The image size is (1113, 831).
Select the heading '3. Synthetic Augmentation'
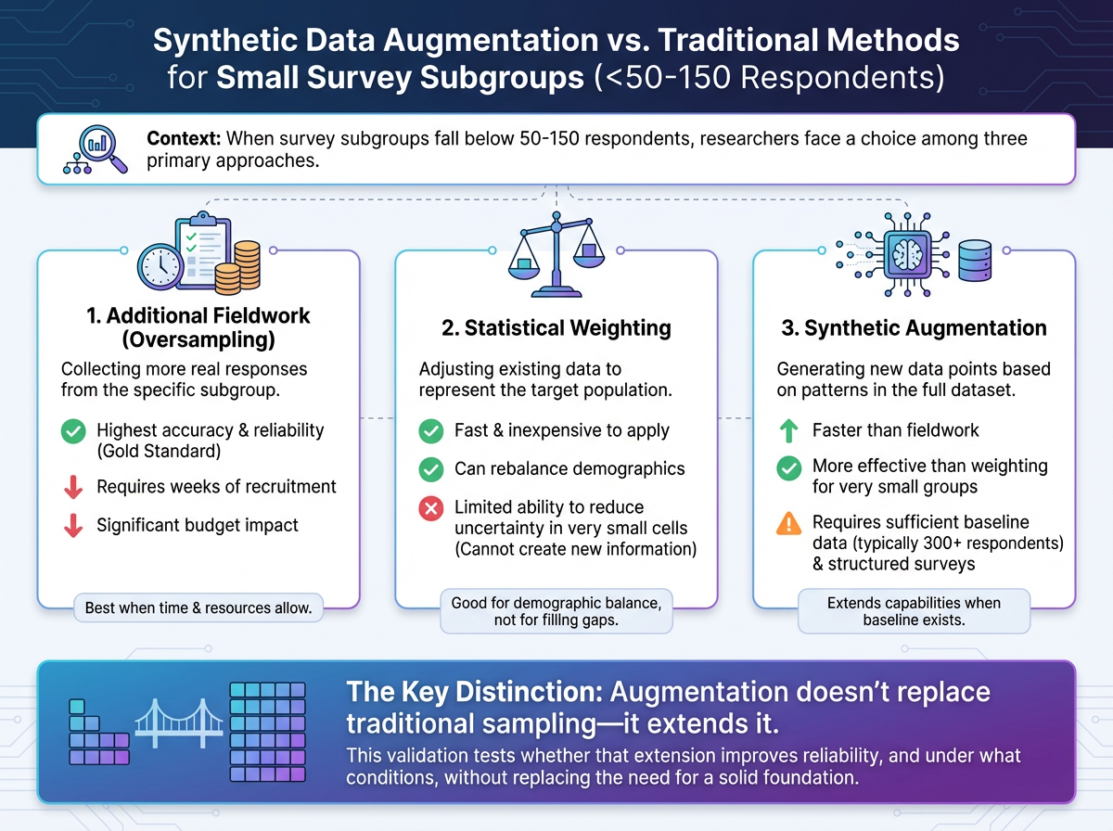(913, 328)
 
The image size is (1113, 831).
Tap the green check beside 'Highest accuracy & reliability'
(72, 431)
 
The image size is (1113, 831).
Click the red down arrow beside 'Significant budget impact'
(72, 525)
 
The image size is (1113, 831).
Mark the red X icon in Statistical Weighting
(430, 508)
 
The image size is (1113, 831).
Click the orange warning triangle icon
(788, 523)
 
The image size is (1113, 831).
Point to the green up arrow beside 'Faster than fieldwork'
(788, 430)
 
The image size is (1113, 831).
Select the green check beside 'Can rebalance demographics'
(430, 468)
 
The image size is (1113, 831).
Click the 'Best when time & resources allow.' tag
(198, 608)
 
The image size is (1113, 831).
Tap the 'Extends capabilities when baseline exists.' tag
(914, 611)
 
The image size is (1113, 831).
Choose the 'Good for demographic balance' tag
(556, 612)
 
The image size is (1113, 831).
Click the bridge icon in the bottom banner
(179, 723)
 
